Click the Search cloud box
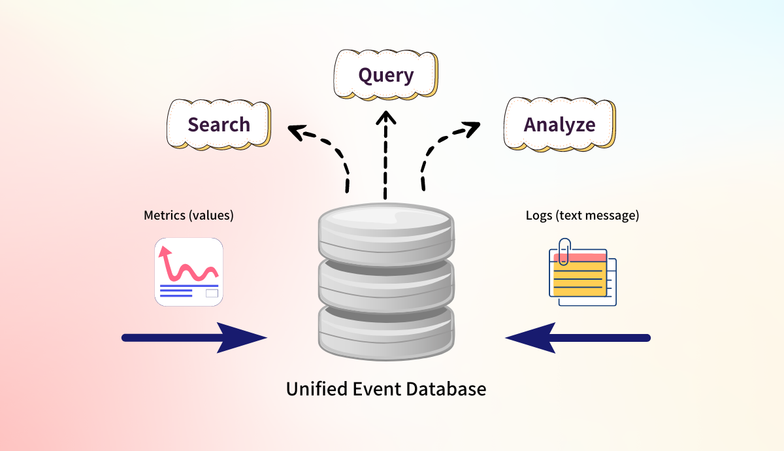219,124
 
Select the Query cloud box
385,75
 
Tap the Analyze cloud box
559,124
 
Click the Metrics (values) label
188,215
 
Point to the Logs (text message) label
582,215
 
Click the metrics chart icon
189,272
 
